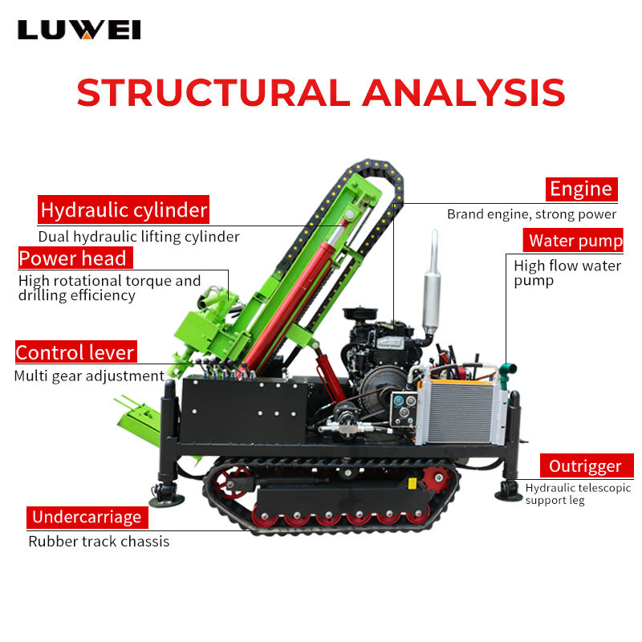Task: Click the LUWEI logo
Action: click(x=79, y=30)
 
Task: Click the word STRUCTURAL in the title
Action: click(x=213, y=92)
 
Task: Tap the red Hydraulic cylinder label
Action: click(x=124, y=209)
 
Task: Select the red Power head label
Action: click(x=75, y=258)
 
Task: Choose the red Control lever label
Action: click(x=76, y=351)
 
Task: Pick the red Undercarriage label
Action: click(x=87, y=517)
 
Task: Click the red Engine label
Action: click(x=581, y=189)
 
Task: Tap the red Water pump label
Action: click(x=573, y=240)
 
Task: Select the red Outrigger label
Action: click(x=587, y=465)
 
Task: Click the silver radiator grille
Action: click(x=460, y=412)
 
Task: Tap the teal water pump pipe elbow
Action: click(x=507, y=372)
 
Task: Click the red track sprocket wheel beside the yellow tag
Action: click(x=437, y=478)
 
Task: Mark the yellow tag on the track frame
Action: click(x=412, y=484)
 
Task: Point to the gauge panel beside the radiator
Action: click(x=404, y=408)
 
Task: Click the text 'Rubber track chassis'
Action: click(x=99, y=541)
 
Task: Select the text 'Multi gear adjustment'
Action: click(x=89, y=376)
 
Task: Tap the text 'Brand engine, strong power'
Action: click(x=531, y=214)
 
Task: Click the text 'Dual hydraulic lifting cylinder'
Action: click(x=139, y=237)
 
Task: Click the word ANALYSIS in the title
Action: click(x=464, y=92)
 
